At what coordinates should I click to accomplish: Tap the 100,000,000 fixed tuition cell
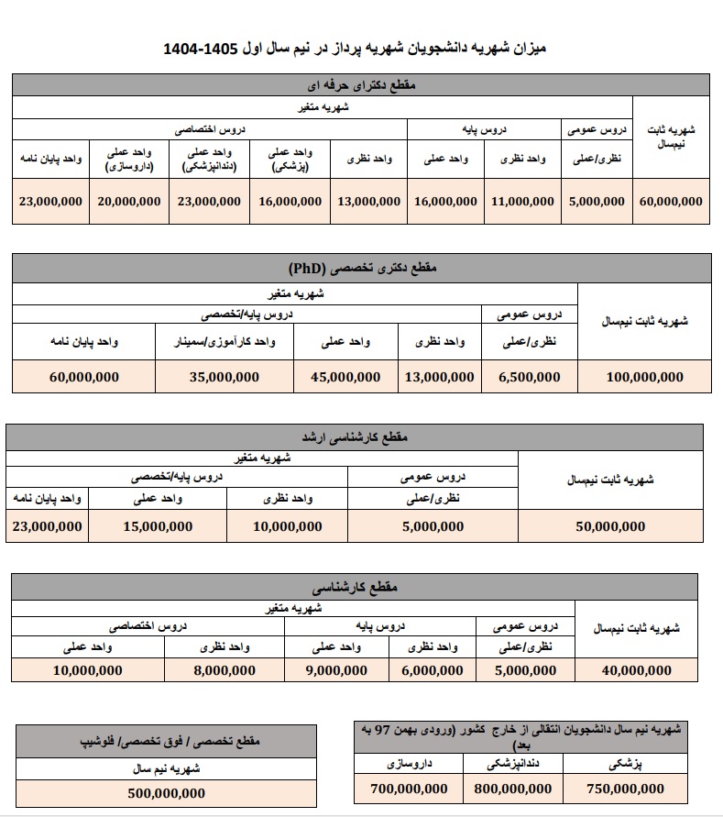pos(644,377)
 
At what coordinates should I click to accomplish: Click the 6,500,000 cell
pos(529,377)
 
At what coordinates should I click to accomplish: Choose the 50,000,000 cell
pos(610,526)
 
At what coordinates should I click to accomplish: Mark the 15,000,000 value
pos(158,526)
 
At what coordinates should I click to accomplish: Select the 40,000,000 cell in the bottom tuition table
pos(636,670)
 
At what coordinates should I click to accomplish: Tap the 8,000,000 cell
pos(225,670)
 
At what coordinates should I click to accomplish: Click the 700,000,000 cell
pos(410,789)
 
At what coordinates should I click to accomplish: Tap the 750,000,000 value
pos(627,789)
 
